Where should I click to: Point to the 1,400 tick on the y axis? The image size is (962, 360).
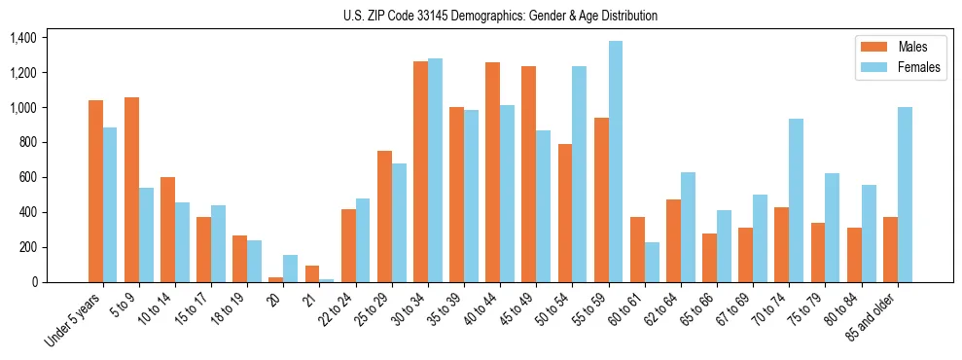[22, 38]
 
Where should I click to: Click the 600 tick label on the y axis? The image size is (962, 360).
[27, 177]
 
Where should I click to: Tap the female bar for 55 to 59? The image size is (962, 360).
[616, 162]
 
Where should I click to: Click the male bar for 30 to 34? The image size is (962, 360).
[420, 172]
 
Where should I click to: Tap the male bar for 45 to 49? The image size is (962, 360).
[528, 174]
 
